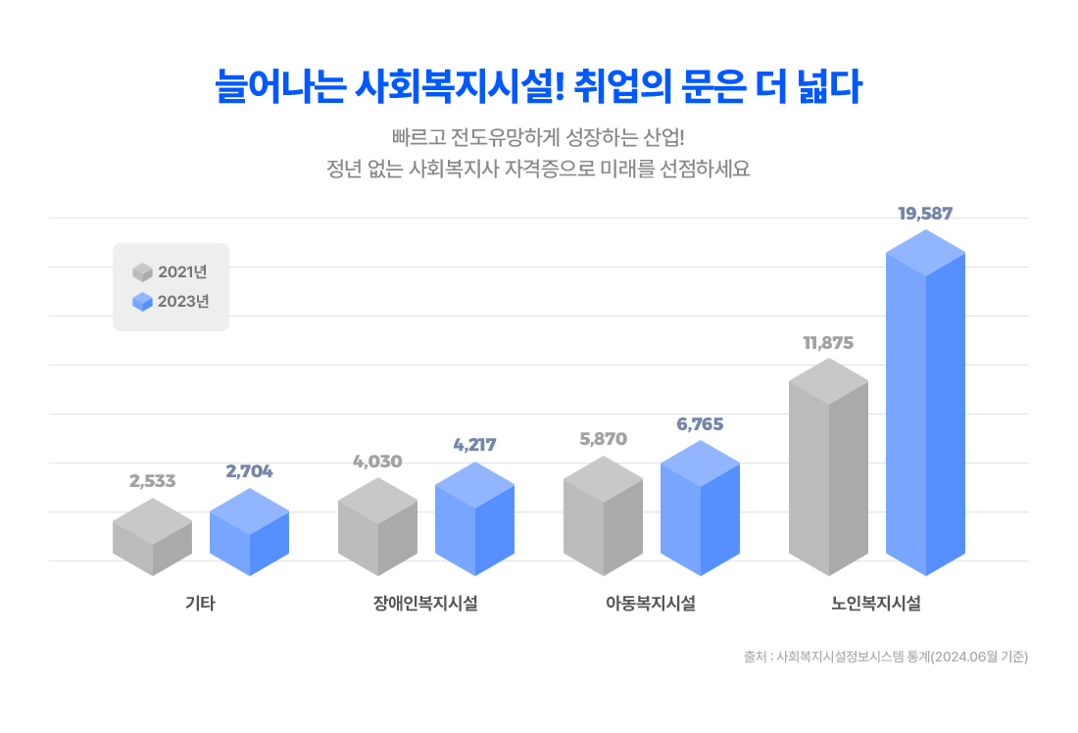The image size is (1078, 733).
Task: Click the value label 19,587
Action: click(x=925, y=213)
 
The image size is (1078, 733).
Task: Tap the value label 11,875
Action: click(x=828, y=343)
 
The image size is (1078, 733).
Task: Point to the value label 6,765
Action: click(x=700, y=424)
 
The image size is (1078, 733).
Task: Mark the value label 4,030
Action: click(x=377, y=461)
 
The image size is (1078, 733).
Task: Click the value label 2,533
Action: click(x=152, y=480)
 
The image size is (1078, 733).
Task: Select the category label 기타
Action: click(x=200, y=604)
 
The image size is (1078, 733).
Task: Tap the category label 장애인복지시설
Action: click(x=425, y=604)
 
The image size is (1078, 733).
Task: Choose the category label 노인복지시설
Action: click(x=876, y=604)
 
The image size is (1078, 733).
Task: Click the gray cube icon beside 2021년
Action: click(x=143, y=272)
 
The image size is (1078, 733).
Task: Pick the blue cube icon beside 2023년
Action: click(x=143, y=302)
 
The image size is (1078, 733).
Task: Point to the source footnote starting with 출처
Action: click(x=885, y=658)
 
